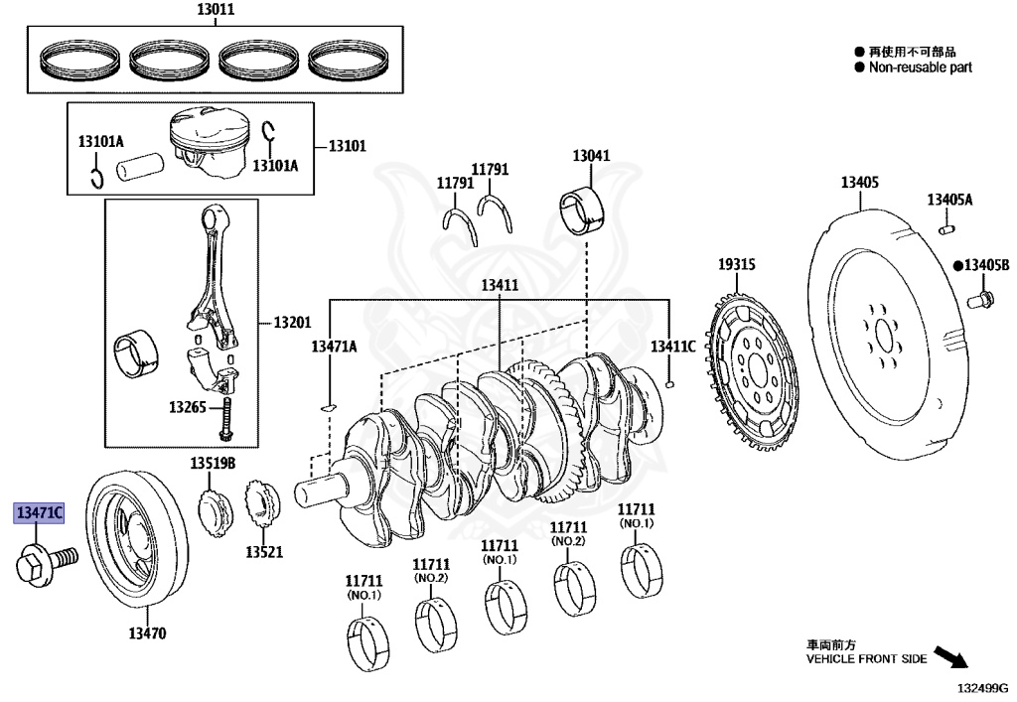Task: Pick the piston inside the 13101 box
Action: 208,145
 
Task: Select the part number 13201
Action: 293,323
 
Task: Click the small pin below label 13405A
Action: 946,230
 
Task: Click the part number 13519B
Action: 214,464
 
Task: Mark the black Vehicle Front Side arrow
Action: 950,658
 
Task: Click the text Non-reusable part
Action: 920,68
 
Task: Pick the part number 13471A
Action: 334,346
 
